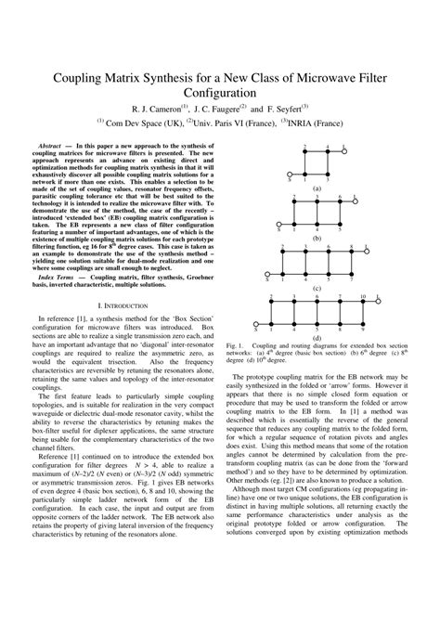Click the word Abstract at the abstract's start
click(55, 147)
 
